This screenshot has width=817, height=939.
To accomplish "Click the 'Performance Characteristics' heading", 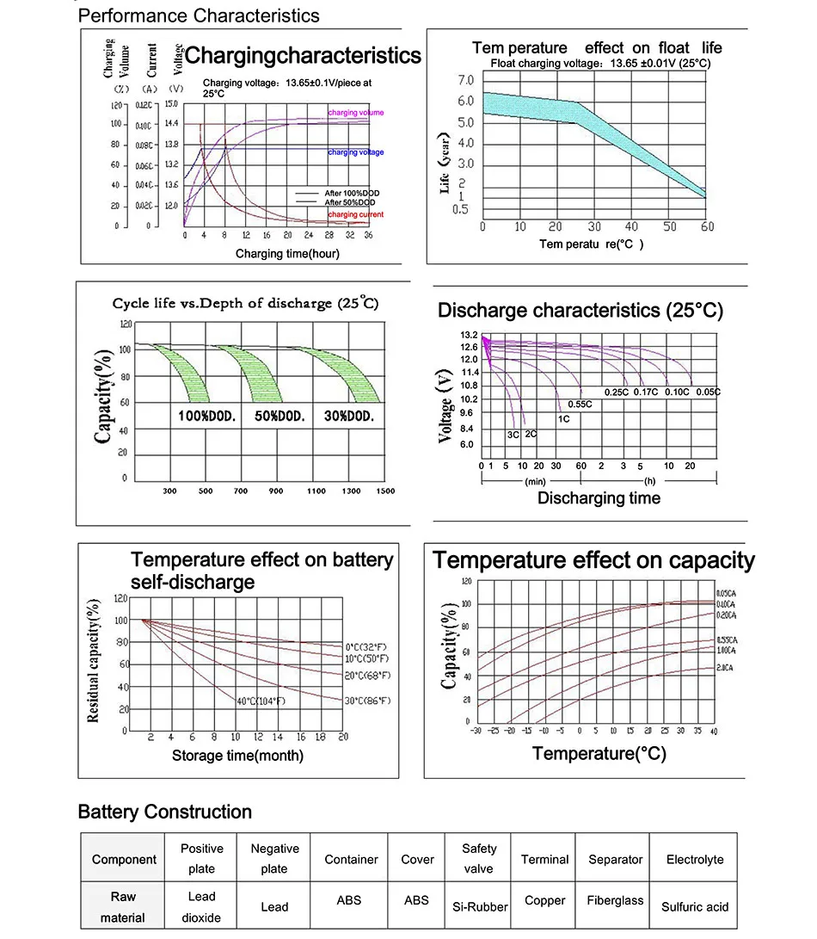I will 199,15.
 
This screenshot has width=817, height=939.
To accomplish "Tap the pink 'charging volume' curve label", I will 356,113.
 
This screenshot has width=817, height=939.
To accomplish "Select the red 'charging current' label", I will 356,214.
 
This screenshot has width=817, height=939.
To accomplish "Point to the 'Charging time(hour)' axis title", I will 287,254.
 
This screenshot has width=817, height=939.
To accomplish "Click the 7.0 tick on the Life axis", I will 466,80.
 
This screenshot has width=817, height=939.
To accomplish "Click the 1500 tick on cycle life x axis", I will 385,491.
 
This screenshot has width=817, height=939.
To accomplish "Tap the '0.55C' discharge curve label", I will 580,404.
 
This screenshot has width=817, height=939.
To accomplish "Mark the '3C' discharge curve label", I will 513,435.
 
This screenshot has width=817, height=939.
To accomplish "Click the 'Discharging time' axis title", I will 599,497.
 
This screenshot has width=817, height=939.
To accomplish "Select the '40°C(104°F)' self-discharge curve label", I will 261,701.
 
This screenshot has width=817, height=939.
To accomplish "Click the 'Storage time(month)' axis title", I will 237,756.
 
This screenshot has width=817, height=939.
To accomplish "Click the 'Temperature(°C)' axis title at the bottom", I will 599,754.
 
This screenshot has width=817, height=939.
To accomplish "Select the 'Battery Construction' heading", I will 164,812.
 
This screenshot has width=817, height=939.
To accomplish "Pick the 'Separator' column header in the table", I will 615,859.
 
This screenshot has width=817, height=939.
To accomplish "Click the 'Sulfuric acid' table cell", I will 695,906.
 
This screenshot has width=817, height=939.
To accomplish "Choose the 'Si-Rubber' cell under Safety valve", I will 480,906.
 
